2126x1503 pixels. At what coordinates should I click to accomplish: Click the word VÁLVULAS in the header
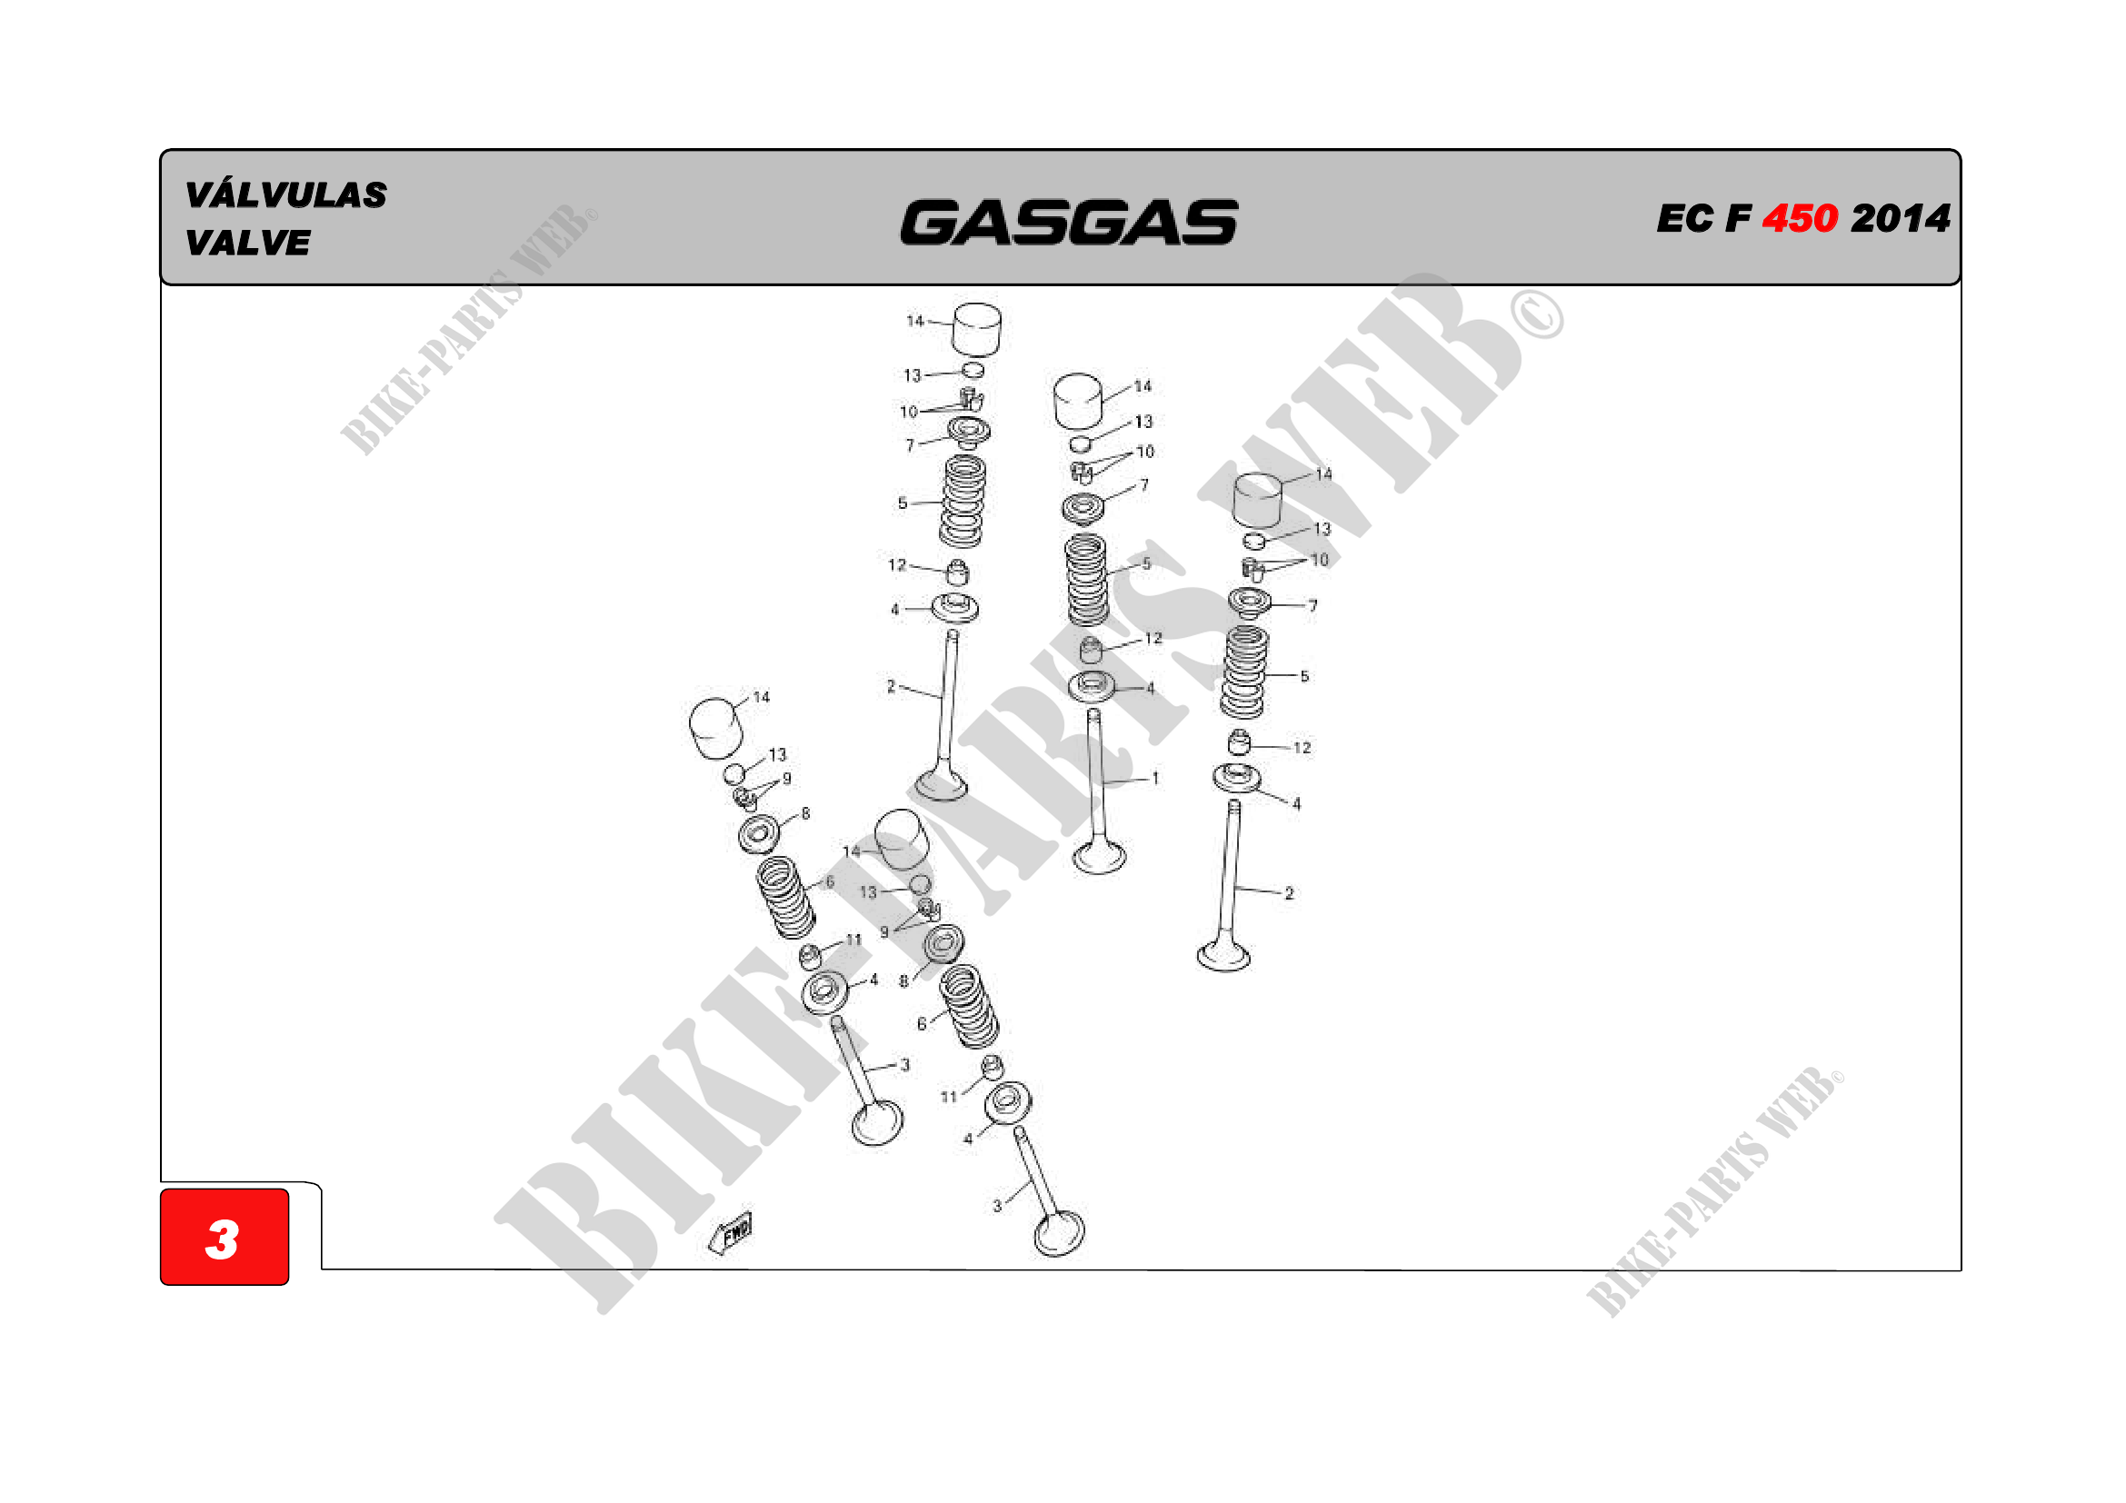285,195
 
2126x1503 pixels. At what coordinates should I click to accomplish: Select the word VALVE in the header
247,244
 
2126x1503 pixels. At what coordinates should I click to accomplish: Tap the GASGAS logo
1070,222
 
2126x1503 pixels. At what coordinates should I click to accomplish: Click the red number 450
1799,218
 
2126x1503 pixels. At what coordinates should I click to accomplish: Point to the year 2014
1901,218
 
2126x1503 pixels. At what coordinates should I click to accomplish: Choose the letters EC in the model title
1684,219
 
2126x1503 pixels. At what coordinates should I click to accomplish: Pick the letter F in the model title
1737,219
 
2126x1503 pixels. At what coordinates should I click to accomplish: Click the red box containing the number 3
225,1237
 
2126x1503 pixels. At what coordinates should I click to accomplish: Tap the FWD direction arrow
731,1233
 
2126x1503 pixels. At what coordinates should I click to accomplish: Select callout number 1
1154,779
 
